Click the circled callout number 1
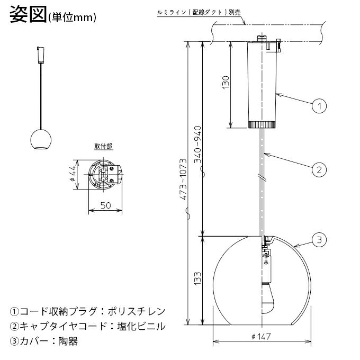pos(319,106)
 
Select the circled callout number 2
pos(319,170)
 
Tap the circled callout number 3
pos(319,240)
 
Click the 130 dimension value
pos(226,82)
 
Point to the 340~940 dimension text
pos(197,144)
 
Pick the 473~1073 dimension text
pos(183,179)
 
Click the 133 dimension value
pos(197,278)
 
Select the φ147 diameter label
pos(261,337)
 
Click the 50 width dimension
pos(105,205)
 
